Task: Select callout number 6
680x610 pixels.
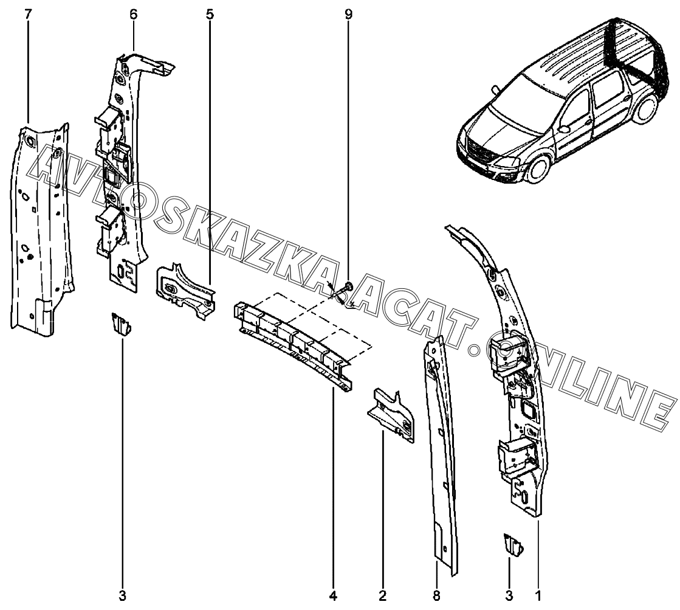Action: (x=134, y=14)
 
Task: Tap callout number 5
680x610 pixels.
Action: (x=210, y=14)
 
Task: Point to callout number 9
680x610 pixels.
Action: (x=348, y=14)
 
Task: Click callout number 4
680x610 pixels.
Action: (x=332, y=595)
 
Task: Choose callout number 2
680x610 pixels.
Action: (x=382, y=595)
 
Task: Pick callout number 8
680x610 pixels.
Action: (x=437, y=595)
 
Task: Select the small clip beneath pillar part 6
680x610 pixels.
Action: (x=120, y=323)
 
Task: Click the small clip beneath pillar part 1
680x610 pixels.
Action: (x=512, y=544)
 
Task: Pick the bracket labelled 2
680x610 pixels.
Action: (x=393, y=414)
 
